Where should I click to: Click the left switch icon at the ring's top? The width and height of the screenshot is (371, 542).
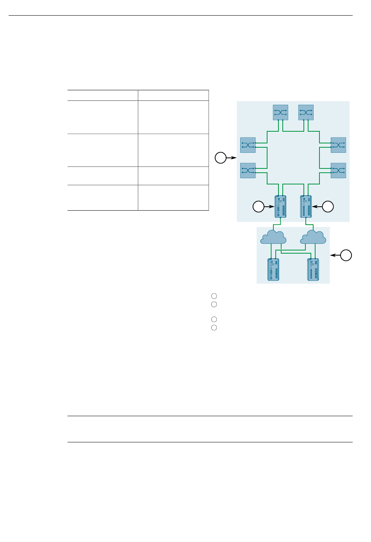point(280,113)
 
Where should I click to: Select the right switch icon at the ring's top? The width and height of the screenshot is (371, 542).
point(306,113)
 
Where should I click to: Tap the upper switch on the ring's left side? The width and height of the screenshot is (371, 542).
point(248,145)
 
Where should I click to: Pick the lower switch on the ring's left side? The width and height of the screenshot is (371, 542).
point(248,170)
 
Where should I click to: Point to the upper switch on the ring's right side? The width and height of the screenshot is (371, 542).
point(338,145)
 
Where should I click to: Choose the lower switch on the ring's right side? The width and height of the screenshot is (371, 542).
point(338,170)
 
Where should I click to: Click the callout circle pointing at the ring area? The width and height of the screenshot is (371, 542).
point(221,158)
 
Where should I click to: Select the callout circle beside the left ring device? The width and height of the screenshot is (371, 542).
point(259,207)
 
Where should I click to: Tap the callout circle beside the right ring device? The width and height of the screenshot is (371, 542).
point(328,207)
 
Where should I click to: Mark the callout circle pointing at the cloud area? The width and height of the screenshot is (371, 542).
point(346,255)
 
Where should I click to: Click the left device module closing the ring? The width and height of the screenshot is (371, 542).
point(280,207)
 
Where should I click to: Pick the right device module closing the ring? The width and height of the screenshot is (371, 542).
point(306,207)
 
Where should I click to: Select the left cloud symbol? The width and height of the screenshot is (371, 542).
point(273,237)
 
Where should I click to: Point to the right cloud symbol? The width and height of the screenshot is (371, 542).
point(314,237)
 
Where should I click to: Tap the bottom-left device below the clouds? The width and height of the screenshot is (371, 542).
point(273,270)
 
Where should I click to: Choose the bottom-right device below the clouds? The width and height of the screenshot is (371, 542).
point(313,270)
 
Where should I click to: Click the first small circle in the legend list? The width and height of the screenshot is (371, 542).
point(214,296)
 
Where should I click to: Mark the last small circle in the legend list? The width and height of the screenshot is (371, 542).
point(214,328)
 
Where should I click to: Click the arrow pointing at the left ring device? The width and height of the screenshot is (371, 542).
point(269,207)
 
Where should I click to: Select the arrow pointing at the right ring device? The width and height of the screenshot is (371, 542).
point(317,207)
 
